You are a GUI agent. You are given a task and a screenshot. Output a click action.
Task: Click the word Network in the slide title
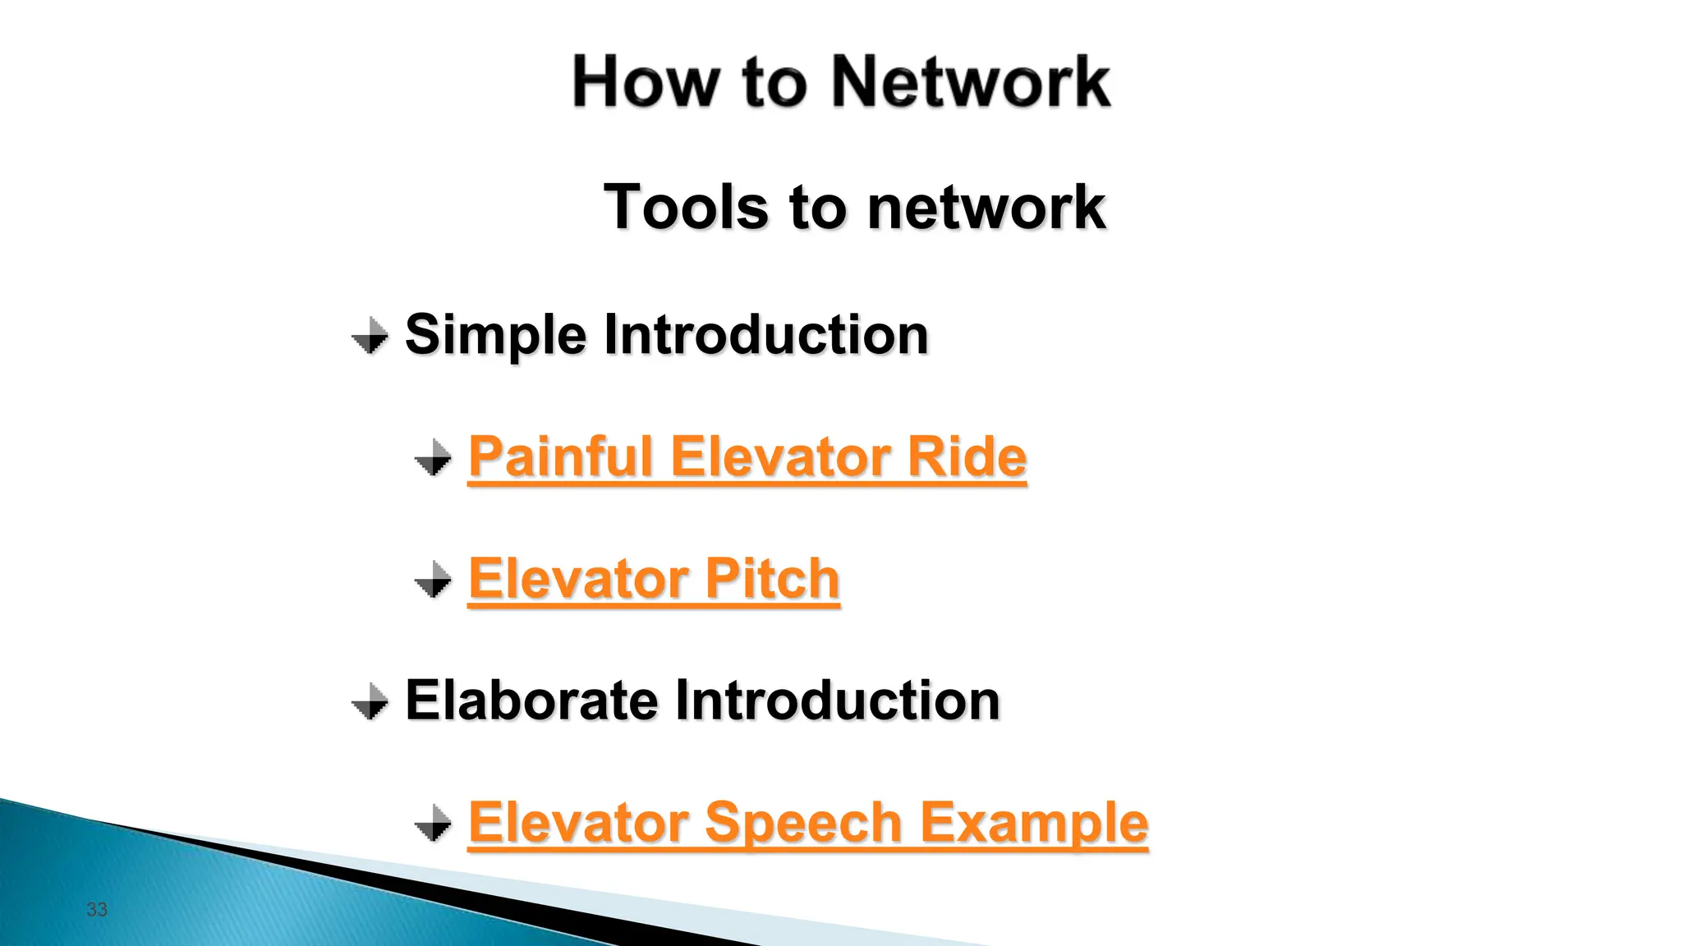(971, 82)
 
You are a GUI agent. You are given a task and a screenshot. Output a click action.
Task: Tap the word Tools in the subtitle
(685, 207)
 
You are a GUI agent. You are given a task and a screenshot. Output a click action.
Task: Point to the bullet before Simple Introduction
(370, 336)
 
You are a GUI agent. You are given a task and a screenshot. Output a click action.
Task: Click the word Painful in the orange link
(560, 457)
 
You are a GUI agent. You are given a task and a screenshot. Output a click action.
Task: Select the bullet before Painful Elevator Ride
(433, 457)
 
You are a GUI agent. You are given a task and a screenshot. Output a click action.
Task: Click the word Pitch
(772, 578)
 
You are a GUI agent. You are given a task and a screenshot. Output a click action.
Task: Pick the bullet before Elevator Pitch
(433, 580)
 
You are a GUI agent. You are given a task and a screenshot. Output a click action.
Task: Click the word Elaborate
(531, 700)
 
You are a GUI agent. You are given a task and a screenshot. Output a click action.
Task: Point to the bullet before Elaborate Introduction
(370, 701)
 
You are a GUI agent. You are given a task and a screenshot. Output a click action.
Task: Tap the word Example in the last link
(1033, 823)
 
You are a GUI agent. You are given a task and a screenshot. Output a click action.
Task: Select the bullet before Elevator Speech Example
(433, 823)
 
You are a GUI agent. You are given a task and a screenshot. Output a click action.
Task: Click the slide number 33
(97, 909)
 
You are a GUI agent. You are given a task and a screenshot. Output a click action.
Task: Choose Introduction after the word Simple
(765, 335)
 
